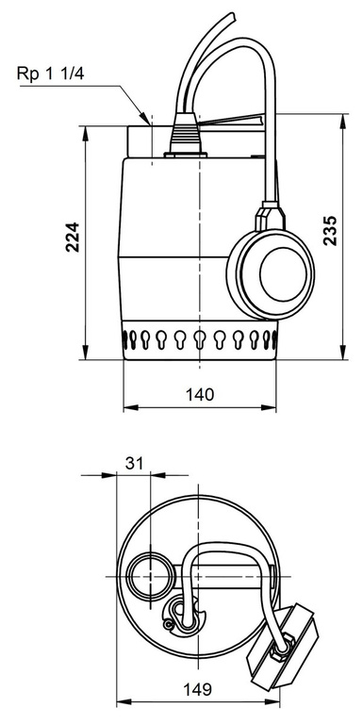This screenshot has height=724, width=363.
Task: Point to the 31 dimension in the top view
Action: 134,462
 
